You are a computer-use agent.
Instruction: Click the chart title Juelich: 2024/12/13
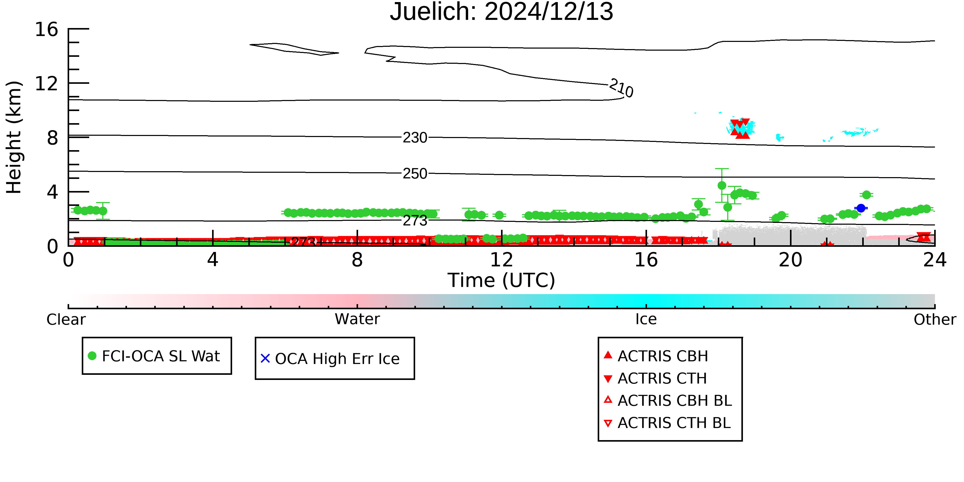pyautogui.click(x=502, y=12)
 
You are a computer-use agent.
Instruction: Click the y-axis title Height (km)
pyautogui.click(x=14, y=137)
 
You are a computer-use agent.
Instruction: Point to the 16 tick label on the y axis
pyautogui.click(x=47, y=29)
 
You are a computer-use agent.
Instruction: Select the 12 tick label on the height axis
pyautogui.click(x=47, y=84)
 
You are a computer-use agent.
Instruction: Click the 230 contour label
pyautogui.click(x=415, y=138)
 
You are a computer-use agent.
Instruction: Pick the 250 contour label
pyautogui.click(x=415, y=174)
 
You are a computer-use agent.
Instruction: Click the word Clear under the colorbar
pyautogui.click(x=66, y=320)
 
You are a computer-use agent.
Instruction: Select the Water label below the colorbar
pyautogui.click(x=357, y=319)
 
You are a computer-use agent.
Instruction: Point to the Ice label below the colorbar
pyautogui.click(x=646, y=319)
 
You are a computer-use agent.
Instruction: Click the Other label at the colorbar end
pyautogui.click(x=935, y=320)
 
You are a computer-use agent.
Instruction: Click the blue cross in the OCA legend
pyautogui.click(x=265, y=359)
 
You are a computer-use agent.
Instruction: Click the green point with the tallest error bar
pyautogui.click(x=722, y=185)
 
